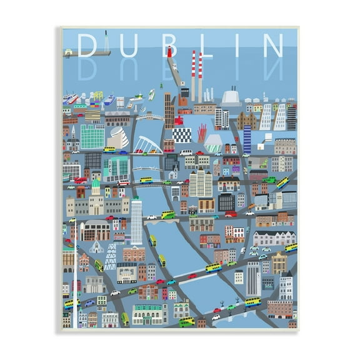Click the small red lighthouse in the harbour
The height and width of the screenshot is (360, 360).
click(x=169, y=52)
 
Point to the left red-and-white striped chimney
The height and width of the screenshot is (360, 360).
click(x=193, y=75)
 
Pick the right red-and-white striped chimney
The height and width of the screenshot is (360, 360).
click(x=201, y=75)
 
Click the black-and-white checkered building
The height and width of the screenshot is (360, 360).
click(x=182, y=135)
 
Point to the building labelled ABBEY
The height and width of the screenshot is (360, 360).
click(x=126, y=272)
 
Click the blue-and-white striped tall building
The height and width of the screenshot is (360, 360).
click(x=247, y=138)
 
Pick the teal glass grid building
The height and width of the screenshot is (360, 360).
click(x=92, y=136)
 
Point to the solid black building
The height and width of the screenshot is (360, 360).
click(x=226, y=201)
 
